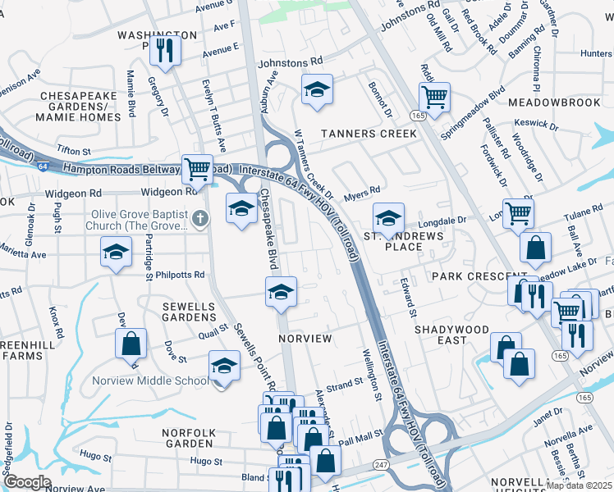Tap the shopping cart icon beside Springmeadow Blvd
(434, 96)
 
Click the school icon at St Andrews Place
(388, 217)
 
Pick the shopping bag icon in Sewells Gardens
(131, 344)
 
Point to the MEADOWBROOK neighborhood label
(554, 102)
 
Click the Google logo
(28, 481)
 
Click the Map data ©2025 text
(578, 485)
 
